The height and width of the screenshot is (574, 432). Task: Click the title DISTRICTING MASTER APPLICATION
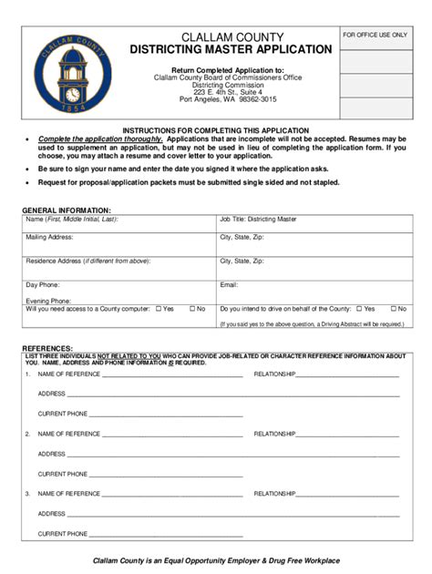[x=230, y=48]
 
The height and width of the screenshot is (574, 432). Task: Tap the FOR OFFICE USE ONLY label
[x=375, y=35]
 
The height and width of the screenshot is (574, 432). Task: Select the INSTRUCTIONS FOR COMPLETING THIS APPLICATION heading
[x=216, y=130]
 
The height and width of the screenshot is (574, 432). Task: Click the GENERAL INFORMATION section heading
[x=67, y=210]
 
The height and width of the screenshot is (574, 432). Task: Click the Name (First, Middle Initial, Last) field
[x=118, y=225]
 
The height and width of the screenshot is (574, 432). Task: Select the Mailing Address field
[x=118, y=245]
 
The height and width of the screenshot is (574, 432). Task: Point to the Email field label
[x=229, y=285]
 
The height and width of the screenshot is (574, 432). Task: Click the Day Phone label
[x=42, y=285]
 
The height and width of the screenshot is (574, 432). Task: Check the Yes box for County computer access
[x=159, y=309]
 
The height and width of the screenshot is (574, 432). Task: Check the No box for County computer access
[x=190, y=309]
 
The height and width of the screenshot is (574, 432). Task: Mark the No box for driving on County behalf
[x=387, y=309]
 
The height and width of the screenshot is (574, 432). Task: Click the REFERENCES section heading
[x=46, y=348]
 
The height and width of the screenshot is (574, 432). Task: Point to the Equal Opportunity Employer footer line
[x=216, y=559]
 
